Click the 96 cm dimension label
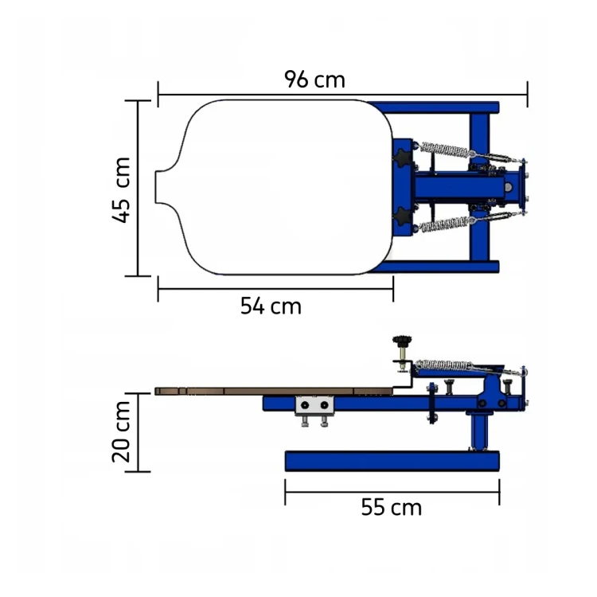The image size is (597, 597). (x=314, y=79)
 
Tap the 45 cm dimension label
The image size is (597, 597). (x=122, y=189)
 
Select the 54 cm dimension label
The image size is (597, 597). (x=271, y=306)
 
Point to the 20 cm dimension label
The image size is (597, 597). (x=121, y=431)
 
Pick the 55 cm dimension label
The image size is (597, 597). (x=392, y=507)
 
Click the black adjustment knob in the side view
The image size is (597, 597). (x=402, y=341)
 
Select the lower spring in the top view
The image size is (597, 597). (x=445, y=224)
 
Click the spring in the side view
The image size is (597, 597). (x=444, y=365)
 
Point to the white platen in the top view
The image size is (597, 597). (x=274, y=187)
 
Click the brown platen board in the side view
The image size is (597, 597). (x=274, y=391)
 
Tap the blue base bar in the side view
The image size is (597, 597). (x=392, y=461)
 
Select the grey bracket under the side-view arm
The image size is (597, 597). (x=314, y=405)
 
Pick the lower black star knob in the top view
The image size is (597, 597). (x=402, y=217)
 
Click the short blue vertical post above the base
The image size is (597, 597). (x=479, y=432)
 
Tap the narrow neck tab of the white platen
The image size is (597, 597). (x=163, y=187)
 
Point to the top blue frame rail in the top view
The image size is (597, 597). (x=433, y=107)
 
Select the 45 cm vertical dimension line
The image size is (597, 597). (x=138, y=188)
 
